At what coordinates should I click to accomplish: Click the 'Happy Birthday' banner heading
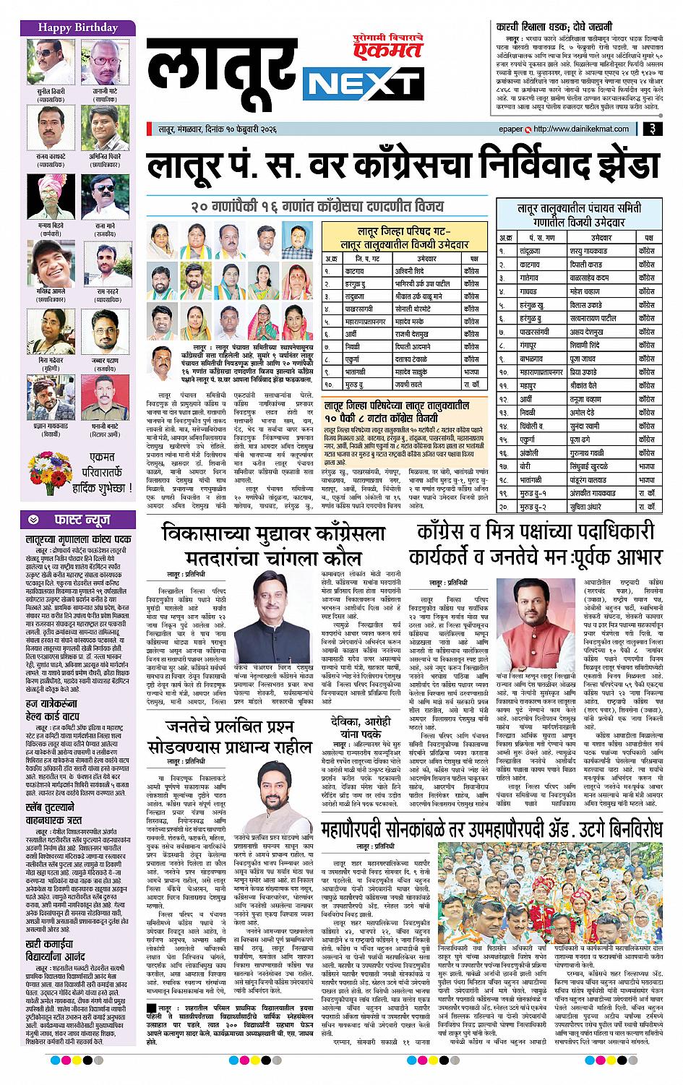(x=77, y=27)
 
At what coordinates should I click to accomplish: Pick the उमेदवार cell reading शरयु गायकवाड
(x=593, y=250)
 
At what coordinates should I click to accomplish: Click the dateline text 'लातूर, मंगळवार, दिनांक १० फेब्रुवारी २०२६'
(x=218, y=129)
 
